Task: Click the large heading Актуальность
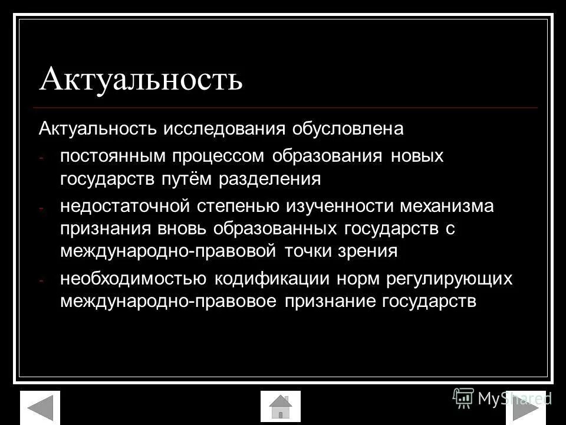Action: tap(141, 79)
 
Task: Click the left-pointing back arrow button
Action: tap(40, 407)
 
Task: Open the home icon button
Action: tap(281, 407)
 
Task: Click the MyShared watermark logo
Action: tap(502, 398)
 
